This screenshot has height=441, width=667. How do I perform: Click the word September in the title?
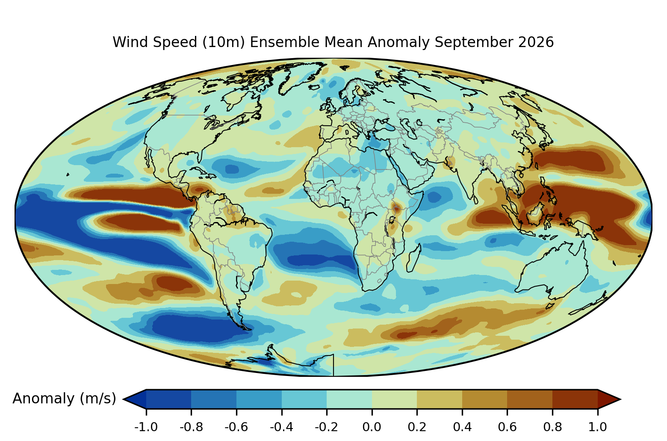coord(474,42)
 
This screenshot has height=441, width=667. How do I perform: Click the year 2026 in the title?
coord(536,42)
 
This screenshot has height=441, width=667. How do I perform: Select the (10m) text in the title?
coord(224,42)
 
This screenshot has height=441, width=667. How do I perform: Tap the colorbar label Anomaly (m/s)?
coord(64,398)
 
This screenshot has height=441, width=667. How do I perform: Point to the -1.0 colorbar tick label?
coord(146,427)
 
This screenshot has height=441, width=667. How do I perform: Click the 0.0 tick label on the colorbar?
coord(372,427)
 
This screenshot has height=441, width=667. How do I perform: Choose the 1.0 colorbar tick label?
coord(597,427)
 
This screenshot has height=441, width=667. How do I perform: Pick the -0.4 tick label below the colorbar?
coord(281,427)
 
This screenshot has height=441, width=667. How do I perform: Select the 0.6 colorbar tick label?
coord(507,427)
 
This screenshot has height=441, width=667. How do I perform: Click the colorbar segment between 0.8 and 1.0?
coord(575,399)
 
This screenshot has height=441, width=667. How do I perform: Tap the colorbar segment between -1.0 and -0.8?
coord(168,399)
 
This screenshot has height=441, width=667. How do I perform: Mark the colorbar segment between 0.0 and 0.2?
coord(394,399)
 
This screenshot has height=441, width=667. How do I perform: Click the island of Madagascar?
coord(414,258)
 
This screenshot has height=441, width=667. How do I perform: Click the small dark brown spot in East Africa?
coord(396,208)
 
